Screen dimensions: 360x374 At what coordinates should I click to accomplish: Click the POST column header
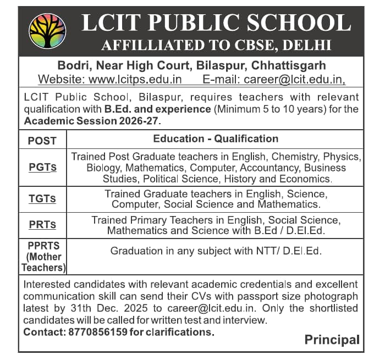[42, 140]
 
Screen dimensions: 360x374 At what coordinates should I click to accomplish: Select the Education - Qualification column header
[216, 139]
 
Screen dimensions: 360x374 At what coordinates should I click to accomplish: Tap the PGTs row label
[42, 168]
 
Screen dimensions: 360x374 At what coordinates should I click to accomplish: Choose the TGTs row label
[42, 199]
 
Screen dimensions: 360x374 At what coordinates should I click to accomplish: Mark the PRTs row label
[42, 225]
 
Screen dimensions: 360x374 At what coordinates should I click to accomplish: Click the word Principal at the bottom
[332, 340]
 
